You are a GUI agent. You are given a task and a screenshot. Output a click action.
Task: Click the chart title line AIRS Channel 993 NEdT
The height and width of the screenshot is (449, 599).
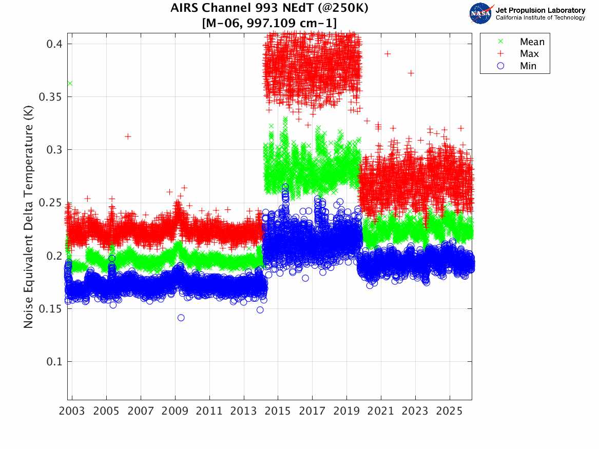269,9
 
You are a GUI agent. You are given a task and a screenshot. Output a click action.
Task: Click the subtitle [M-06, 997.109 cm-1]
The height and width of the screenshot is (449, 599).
269,23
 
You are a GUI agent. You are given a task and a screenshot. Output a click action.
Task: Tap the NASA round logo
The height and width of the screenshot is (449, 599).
481,13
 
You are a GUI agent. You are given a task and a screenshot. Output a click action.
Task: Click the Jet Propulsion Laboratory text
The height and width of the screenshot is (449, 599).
540,10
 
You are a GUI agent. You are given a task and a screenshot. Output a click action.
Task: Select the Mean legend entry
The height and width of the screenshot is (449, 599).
531,42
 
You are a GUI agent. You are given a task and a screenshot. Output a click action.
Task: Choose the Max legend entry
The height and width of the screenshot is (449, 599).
529,54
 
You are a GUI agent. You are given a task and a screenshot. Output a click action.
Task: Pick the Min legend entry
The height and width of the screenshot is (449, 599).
528,66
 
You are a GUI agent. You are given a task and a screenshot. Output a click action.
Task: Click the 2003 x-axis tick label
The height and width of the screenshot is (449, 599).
72,411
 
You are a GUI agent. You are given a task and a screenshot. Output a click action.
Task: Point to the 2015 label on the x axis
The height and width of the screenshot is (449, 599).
278,411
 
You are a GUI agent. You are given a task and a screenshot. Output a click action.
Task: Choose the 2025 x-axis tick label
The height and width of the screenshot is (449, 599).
450,411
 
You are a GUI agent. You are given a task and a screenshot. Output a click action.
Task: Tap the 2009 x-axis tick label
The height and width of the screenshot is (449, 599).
175,411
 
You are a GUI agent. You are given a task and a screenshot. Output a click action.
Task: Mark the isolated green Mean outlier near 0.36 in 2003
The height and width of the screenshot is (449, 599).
70,83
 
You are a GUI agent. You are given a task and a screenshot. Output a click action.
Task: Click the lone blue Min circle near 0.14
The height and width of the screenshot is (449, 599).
181,318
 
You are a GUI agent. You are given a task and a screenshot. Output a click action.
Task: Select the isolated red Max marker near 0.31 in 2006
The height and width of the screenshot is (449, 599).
128,136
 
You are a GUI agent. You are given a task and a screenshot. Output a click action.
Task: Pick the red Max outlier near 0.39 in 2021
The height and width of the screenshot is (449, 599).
388,53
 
